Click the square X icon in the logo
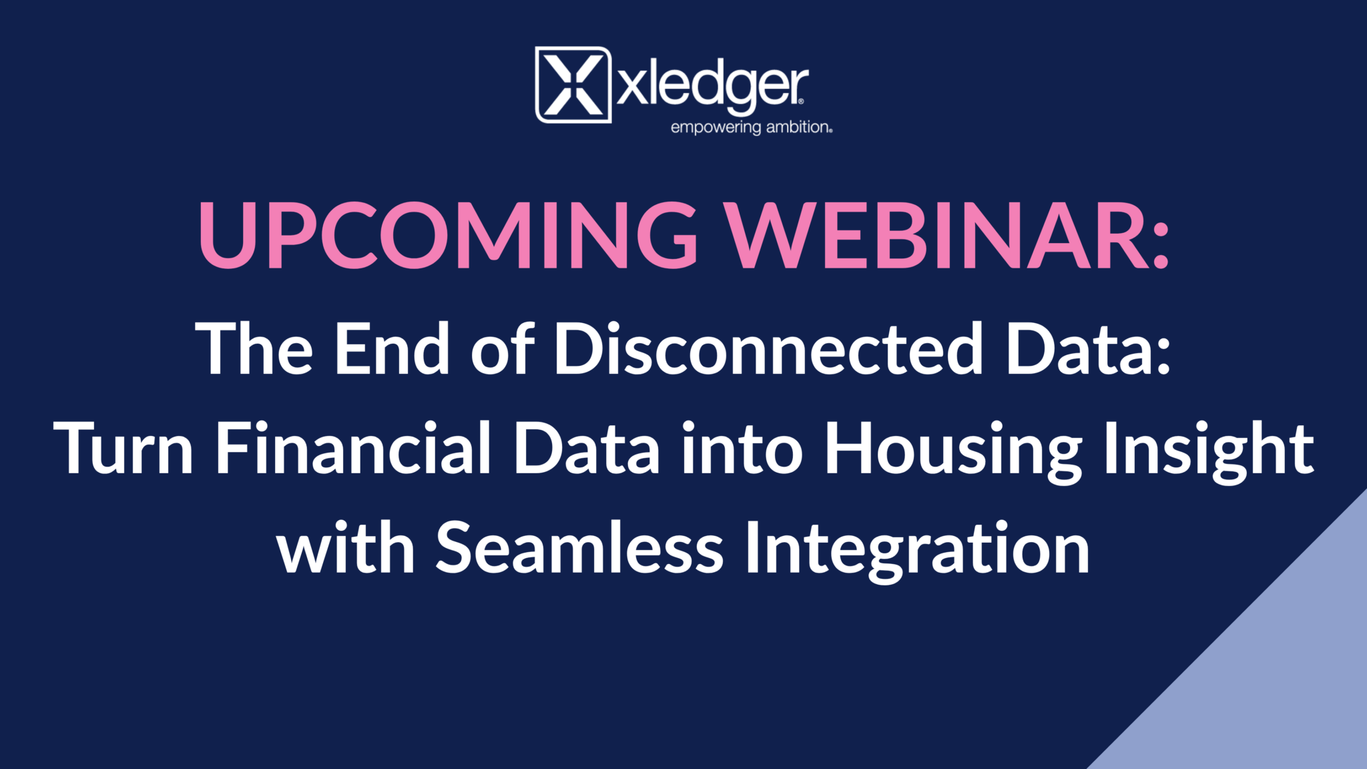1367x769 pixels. click(573, 85)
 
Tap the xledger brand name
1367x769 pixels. click(712, 87)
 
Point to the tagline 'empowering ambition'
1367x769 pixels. click(751, 127)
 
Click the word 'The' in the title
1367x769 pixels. click(254, 348)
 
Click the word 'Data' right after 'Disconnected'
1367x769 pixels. click(1087, 348)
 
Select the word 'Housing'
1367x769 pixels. click(953, 452)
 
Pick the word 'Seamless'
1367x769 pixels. click(579, 546)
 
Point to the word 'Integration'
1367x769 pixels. click(917, 551)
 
